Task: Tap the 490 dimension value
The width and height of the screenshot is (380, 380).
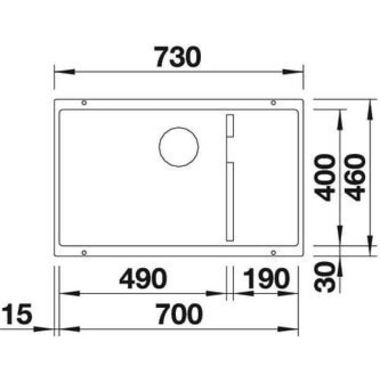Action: (x=143, y=279)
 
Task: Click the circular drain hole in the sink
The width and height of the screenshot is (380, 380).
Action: (x=178, y=147)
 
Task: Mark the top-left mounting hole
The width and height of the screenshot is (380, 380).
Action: (x=84, y=103)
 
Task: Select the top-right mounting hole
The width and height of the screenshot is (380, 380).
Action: (x=273, y=103)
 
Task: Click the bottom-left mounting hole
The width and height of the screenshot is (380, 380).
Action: (x=84, y=252)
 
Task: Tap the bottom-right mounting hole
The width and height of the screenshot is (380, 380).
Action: (x=273, y=252)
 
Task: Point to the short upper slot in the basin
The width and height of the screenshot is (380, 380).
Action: (x=229, y=126)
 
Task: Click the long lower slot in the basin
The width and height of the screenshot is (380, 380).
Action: (x=229, y=201)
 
